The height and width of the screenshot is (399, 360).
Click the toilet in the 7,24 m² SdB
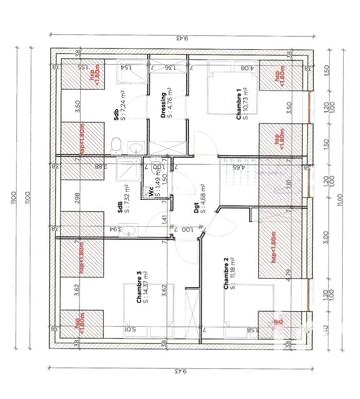tap(119, 147)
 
